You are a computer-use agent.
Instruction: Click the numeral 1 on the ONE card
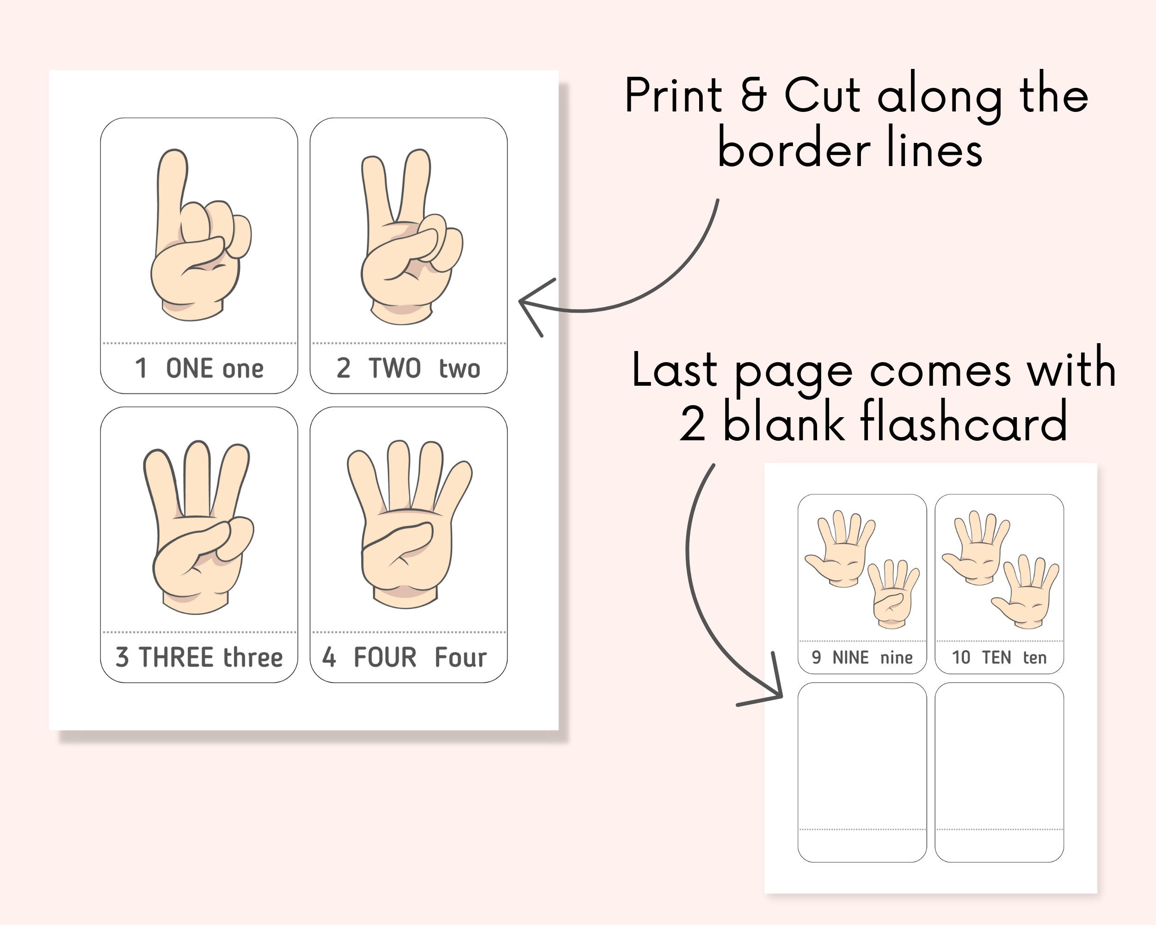click(x=141, y=369)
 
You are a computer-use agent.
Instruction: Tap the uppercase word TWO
click(x=394, y=369)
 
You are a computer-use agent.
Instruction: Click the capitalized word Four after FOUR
click(x=460, y=657)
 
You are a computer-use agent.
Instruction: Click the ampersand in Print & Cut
click(x=754, y=95)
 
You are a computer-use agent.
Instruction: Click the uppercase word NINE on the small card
click(x=850, y=657)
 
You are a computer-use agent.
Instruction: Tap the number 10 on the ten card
click(x=961, y=657)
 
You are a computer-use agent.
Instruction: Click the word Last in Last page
click(x=674, y=370)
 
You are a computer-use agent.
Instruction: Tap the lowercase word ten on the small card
click(x=1034, y=657)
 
